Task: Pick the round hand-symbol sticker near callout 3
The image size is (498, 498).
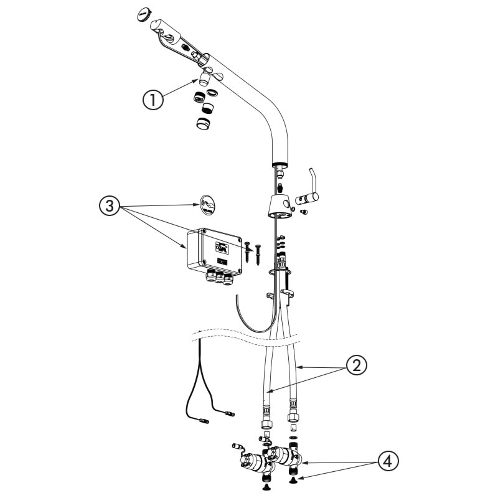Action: (x=207, y=204)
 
